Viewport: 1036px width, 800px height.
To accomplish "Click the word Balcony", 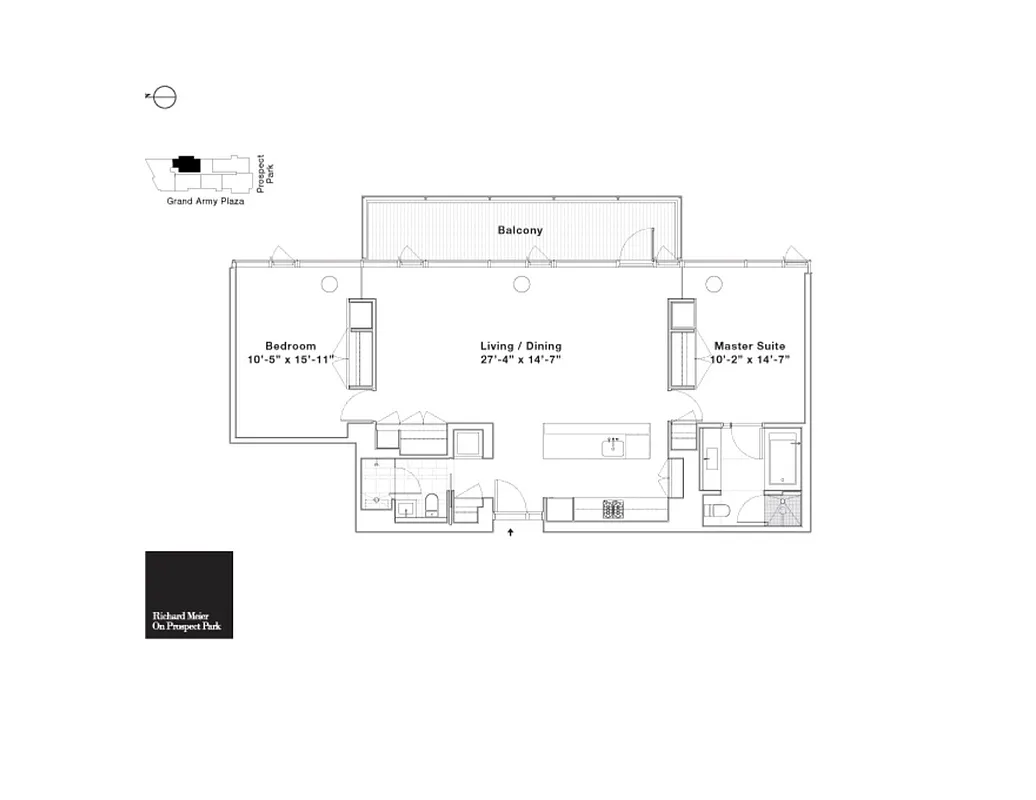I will (x=520, y=230).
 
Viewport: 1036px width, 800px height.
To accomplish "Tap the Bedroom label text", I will (x=290, y=346).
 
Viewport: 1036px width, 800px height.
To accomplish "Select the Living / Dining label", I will (x=520, y=346).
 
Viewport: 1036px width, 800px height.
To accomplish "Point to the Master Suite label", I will (x=749, y=346).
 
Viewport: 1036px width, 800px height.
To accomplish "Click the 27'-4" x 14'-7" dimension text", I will (x=520, y=360).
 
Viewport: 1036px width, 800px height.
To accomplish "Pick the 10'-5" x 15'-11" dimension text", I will (x=290, y=360).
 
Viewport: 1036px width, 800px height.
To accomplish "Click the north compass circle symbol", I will (x=166, y=97).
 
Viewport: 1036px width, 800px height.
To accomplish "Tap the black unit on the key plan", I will (x=186, y=164).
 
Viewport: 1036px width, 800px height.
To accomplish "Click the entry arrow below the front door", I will (x=512, y=533).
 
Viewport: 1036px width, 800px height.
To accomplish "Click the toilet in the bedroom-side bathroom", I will (x=432, y=504).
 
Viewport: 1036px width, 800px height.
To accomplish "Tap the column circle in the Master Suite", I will (x=713, y=284).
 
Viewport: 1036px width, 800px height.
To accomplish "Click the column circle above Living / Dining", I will (x=521, y=284).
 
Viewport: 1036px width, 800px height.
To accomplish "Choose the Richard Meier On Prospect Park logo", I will (x=189, y=595).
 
